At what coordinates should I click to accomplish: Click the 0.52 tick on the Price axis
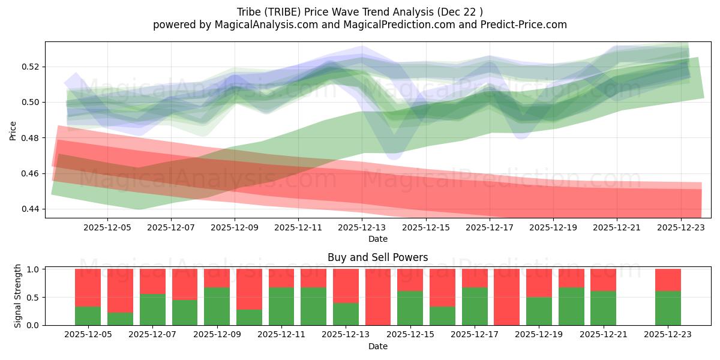pos(31,67)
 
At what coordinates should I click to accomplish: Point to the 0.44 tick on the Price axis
pos(31,209)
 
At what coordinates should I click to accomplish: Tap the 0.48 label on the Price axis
pos(31,138)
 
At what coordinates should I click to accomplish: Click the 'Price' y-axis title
pos(13,130)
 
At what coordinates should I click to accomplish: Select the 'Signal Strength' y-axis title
pos(18,295)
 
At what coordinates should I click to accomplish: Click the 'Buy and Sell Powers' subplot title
pos(377,257)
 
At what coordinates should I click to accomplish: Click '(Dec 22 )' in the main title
pos(460,11)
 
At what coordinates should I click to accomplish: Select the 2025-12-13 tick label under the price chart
pos(362,227)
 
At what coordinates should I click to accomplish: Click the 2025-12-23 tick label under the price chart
pos(682,227)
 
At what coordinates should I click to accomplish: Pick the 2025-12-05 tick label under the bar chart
pos(88,335)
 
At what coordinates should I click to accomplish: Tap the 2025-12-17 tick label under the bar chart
pos(474,335)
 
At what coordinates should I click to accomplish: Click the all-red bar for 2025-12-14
pos(378,297)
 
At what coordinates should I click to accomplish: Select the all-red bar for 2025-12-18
pos(506,297)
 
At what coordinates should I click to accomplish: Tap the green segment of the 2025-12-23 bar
pos(668,308)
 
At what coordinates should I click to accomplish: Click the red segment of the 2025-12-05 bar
pos(88,287)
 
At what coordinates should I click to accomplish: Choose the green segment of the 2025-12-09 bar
pos(217,306)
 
